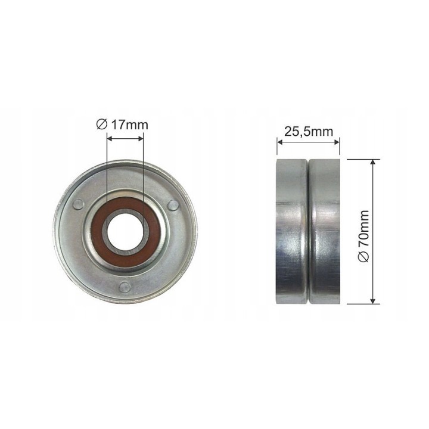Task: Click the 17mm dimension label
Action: [x=122, y=125]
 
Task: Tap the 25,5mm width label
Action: [x=309, y=132]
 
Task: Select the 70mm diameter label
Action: [x=363, y=236]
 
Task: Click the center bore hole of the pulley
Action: [x=125, y=232]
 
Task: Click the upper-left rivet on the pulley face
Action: [x=78, y=204]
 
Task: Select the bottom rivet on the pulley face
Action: [x=125, y=286]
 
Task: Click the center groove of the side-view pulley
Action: [x=309, y=231]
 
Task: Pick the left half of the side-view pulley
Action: [x=292, y=231]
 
